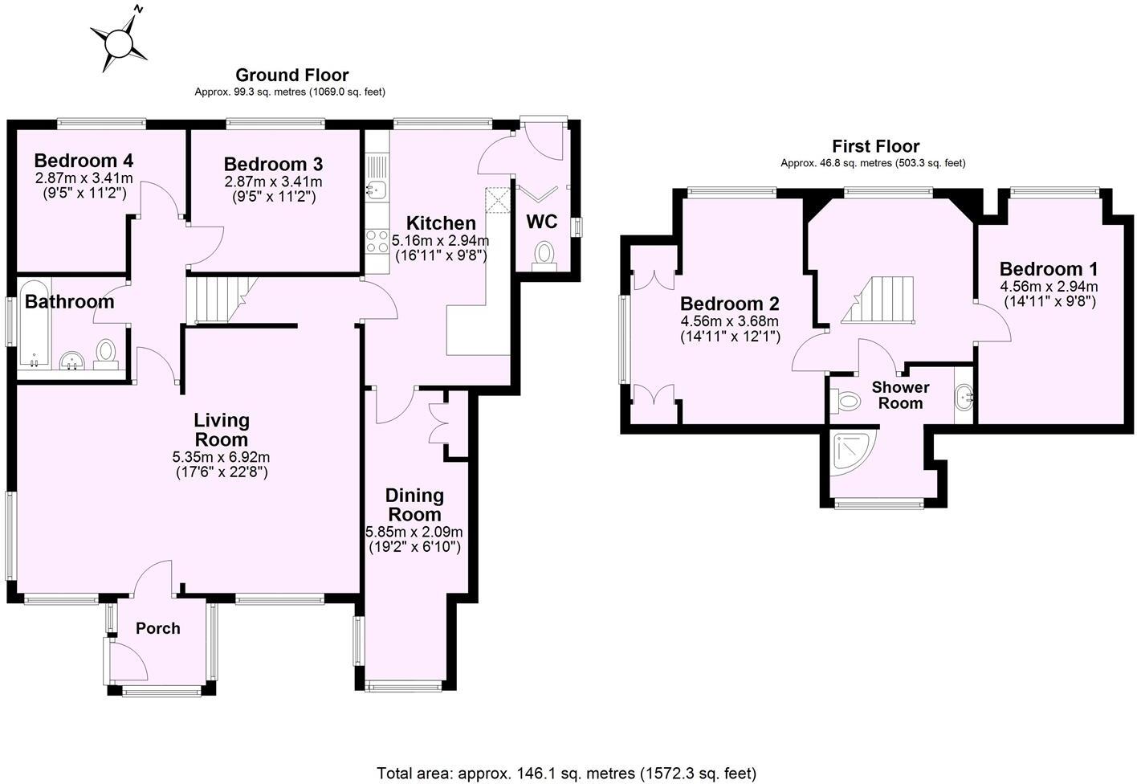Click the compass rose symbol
tap(120, 40)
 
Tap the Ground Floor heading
tap(291, 76)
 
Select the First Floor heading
tap(875, 146)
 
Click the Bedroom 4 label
tap(84, 159)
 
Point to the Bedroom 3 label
tap(273, 164)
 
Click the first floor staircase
tap(880, 300)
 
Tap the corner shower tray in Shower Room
tap(854, 453)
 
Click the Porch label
tap(157, 628)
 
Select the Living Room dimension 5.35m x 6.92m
tap(221, 457)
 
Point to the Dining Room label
tap(414, 504)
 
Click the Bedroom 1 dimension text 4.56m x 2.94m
tap(1049, 287)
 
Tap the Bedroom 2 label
tap(730, 304)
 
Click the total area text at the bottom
tap(567, 774)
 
